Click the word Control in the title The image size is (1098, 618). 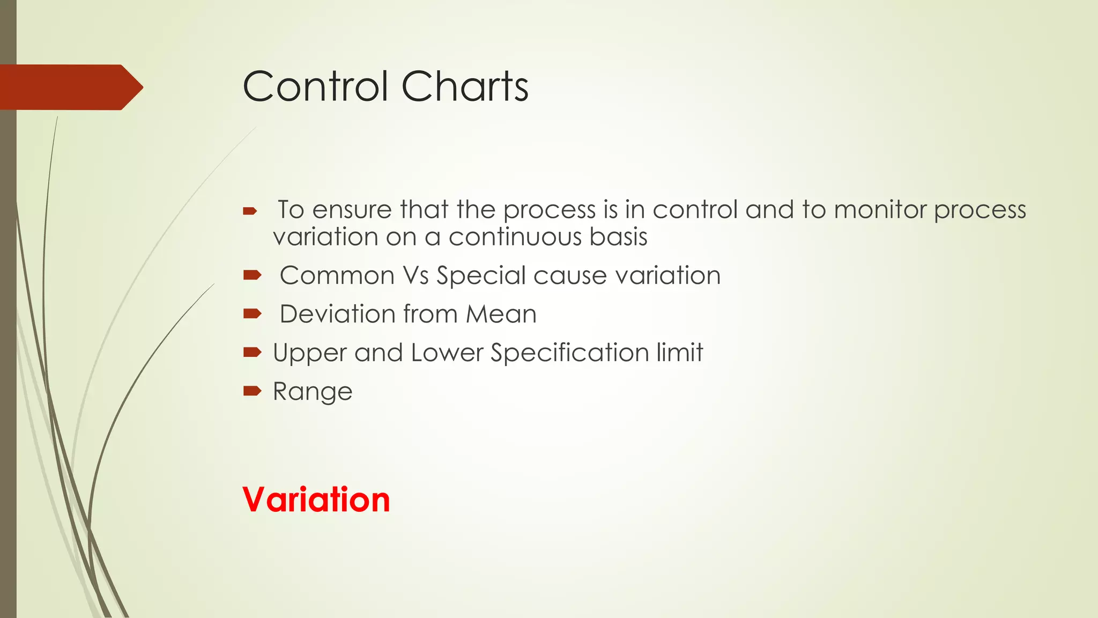click(x=315, y=86)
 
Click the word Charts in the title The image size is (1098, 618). click(x=464, y=86)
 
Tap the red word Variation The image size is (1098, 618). click(x=316, y=499)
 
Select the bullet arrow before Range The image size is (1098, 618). click(x=252, y=391)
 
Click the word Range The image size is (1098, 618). click(x=313, y=392)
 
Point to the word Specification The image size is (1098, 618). click(x=569, y=353)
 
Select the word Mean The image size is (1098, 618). click(x=501, y=314)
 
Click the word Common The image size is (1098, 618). click(x=337, y=276)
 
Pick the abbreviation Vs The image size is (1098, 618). click(x=416, y=276)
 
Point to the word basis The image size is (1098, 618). click(x=618, y=237)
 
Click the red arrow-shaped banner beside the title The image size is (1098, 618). click(x=70, y=87)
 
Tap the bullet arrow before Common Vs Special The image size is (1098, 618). click(x=252, y=275)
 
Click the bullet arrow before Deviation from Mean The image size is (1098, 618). click(x=252, y=313)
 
